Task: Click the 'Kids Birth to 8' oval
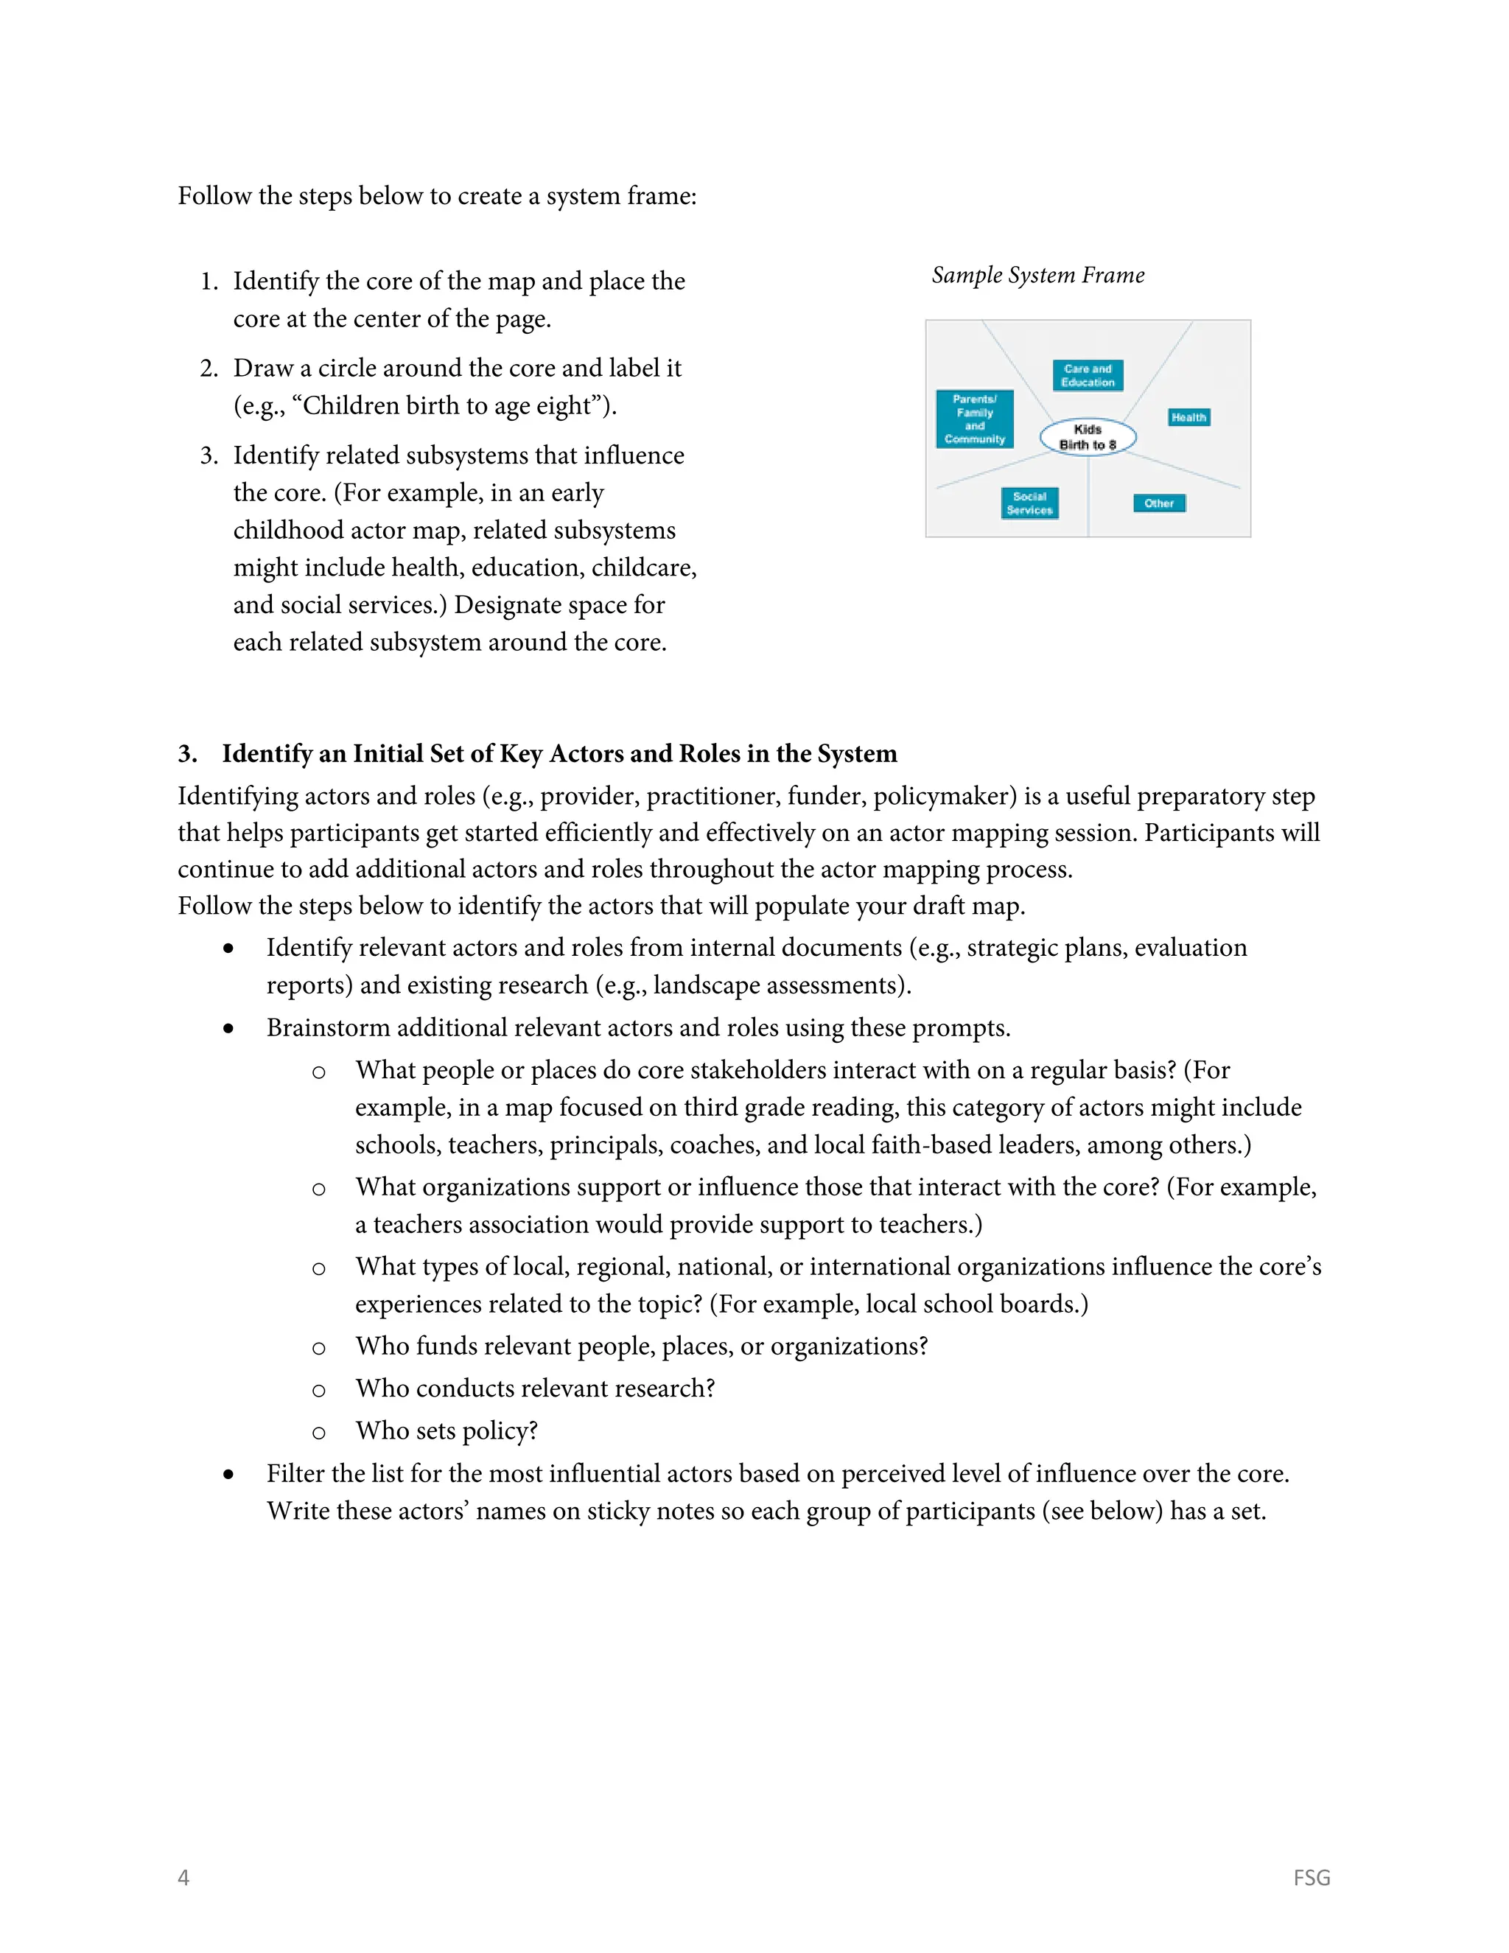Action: (1087, 437)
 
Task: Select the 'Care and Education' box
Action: (1087, 376)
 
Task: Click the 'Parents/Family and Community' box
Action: (974, 419)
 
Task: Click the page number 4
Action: (183, 1877)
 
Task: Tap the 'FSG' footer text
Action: (1311, 1877)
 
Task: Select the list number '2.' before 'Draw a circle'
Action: (209, 368)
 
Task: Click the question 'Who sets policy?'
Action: (446, 1430)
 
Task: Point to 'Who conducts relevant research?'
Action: (535, 1388)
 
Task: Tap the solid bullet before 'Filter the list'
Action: (229, 1475)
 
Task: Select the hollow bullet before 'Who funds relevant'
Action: (318, 1348)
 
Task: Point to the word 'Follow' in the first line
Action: (214, 196)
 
